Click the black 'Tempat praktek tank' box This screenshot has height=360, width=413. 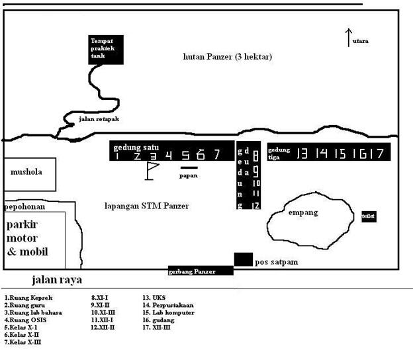point(106,50)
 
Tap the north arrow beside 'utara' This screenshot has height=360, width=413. point(348,38)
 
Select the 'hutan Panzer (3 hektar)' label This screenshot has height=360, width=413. point(227,57)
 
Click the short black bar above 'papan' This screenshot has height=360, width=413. point(189,168)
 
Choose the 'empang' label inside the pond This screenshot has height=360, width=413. point(304,212)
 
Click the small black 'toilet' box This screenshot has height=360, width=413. point(368,216)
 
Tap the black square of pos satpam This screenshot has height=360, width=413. point(243,259)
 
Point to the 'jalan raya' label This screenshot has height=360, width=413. point(56,280)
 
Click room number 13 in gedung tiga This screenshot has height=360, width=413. point(302,154)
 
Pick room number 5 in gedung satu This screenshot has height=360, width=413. point(186,156)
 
